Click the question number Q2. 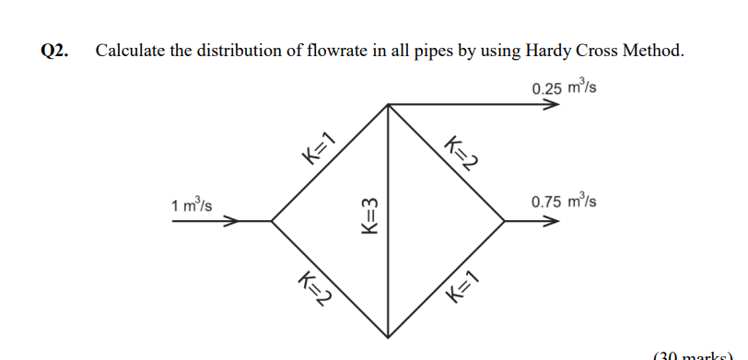56,51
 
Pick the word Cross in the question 602,51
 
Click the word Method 656,51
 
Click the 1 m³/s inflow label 192,204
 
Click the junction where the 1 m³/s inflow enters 272,221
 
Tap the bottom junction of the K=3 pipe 388,337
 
